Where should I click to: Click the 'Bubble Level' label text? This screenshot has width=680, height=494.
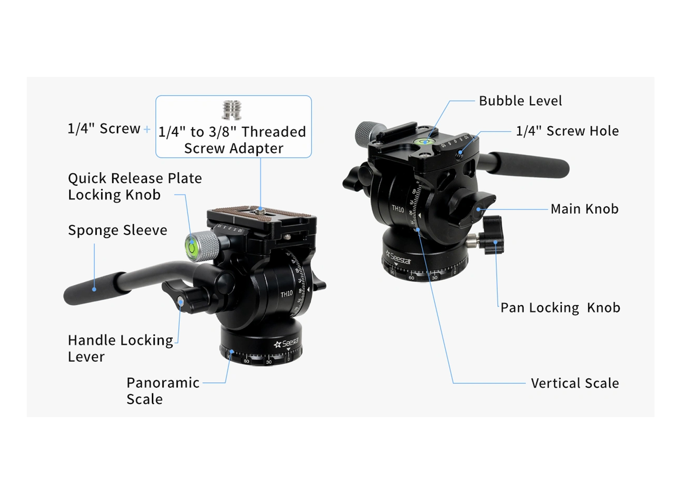(x=520, y=101)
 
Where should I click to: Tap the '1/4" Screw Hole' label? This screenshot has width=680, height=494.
(x=567, y=131)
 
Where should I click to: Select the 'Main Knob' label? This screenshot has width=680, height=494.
(x=585, y=209)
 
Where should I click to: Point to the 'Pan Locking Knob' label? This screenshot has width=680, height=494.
(x=561, y=308)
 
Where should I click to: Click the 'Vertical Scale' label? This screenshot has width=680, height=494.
(x=575, y=383)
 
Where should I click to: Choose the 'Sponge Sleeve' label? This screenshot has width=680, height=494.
(x=117, y=230)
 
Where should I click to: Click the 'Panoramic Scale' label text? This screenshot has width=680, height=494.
(x=163, y=391)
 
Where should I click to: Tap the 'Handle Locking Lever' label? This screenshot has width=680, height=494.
(x=121, y=348)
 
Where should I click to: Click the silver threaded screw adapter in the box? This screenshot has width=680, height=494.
(x=232, y=110)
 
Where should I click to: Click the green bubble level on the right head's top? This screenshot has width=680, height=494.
(x=425, y=141)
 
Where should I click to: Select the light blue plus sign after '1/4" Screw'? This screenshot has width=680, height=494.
(x=147, y=129)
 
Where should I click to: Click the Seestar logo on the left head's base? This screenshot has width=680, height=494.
(x=286, y=343)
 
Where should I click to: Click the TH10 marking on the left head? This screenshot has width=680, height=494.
(x=286, y=294)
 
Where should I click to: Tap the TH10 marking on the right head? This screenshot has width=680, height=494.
(x=398, y=209)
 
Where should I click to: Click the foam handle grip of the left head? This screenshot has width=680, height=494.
(x=96, y=288)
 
